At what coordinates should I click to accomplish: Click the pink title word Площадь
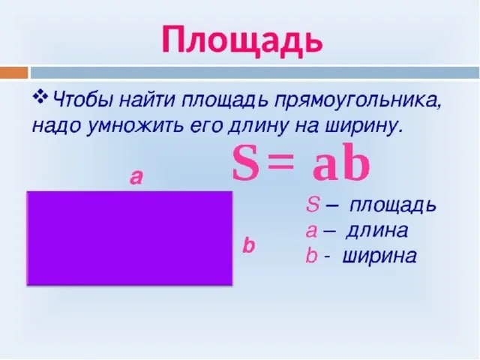pyautogui.click(x=241, y=40)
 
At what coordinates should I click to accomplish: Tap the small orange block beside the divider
pyautogui.click(x=13, y=73)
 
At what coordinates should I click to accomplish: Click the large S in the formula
pyautogui.click(x=245, y=163)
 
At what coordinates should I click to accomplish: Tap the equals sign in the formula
pyautogui.click(x=280, y=163)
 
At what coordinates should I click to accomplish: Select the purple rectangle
pyautogui.click(x=130, y=238)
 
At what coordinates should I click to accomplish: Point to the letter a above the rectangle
pyautogui.click(x=136, y=178)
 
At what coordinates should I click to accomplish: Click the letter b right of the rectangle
pyautogui.click(x=248, y=245)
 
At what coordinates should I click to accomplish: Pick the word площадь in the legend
pyautogui.click(x=392, y=205)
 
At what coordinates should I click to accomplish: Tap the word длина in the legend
pyautogui.click(x=376, y=231)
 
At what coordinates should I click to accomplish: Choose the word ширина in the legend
pyautogui.click(x=379, y=256)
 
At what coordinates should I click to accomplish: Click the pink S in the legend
pyautogui.click(x=313, y=205)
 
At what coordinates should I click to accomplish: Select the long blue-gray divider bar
pyautogui.click(x=255, y=73)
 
